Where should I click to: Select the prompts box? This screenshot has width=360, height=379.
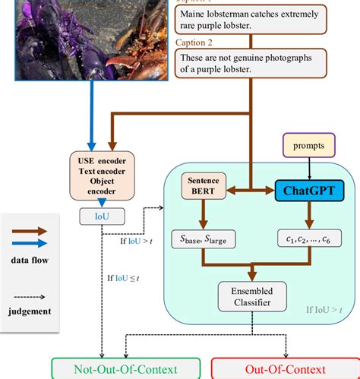coord(309,145)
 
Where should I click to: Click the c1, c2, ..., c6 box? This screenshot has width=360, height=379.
coord(308,241)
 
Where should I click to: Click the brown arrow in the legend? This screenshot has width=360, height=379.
coord(27,231)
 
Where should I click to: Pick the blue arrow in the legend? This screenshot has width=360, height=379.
coord(27,243)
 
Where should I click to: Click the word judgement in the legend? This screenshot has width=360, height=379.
coord(29,311)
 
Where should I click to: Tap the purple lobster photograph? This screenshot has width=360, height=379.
coord(83,38)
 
